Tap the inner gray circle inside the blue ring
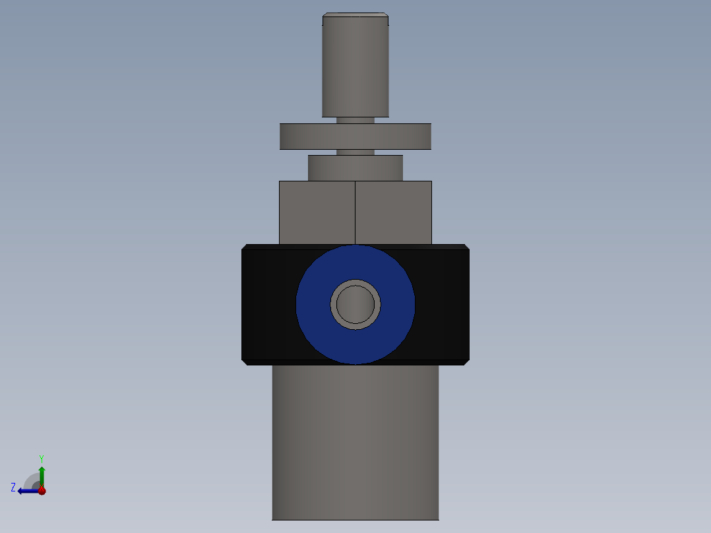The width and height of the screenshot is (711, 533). pyautogui.click(x=355, y=304)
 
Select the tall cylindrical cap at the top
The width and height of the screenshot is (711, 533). pyautogui.click(x=355, y=66)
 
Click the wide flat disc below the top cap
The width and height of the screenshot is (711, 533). pyautogui.click(x=355, y=137)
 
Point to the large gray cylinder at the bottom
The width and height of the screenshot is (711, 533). pyautogui.click(x=355, y=442)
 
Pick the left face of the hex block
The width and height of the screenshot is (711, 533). pyautogui.click(x=317, y=212)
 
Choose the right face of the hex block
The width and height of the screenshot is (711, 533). pyautogui.click(x=394, y=212)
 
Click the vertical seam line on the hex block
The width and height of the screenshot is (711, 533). pyautogui.click(x=355, y=212)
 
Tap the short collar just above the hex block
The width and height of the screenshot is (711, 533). pyautogui.click(x=355, y=168)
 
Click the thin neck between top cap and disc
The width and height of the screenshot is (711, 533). pyautogui.click(x=355, y=120)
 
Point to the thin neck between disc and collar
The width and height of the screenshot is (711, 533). pyautogui.click(x=355, y=152)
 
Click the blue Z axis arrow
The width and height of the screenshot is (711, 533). pyautogui.click(x=26, y=491)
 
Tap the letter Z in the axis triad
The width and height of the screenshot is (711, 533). pyautogui.click(x=13, y=487)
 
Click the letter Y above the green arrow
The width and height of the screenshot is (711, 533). pyautogui.click(x=42, y=458)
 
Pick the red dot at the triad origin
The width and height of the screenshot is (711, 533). pyautogui.click(x=42, y=491)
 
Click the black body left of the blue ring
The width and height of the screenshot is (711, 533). pyautogui.click(x=267, y=303)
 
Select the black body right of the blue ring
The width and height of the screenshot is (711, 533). pyautogui.click(x=443, y=303)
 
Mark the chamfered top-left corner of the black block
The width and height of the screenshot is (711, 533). pyautogui.click(x=245, y=247)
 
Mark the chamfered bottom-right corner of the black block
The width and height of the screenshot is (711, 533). pyautogui.click(x=466, y=361)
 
